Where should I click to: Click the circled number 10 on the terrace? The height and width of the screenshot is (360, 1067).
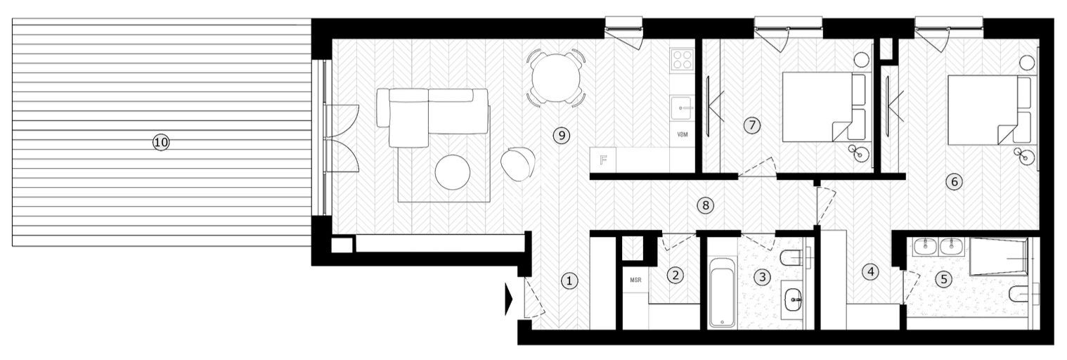click(x=161, y=142)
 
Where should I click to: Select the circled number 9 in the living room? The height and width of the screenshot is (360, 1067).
click(x=560, y=135)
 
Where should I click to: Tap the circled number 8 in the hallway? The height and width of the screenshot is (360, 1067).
click(x=707, y=205)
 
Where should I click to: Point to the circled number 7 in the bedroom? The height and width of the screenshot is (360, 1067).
click(x=752, y=126)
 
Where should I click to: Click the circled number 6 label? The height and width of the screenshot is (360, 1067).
click(x=954, y=181)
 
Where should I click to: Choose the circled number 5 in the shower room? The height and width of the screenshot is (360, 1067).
click(x=944, y=278)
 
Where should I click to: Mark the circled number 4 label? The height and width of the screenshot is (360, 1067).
click(x=871, y=271)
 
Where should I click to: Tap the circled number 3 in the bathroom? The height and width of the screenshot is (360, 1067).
click(x=762, y=276)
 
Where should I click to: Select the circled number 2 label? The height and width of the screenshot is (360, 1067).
click(x=675, y=275)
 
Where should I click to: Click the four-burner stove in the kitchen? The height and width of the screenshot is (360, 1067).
click(x=681, y=58)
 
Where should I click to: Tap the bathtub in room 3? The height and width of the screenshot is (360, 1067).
click(x=721, y=294)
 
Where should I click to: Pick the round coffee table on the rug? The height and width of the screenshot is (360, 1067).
click(x=451, y=172)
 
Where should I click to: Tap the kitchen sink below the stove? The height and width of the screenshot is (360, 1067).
click(x=681, y=108)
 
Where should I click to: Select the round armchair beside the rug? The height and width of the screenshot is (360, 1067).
click(x=517, y=163)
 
